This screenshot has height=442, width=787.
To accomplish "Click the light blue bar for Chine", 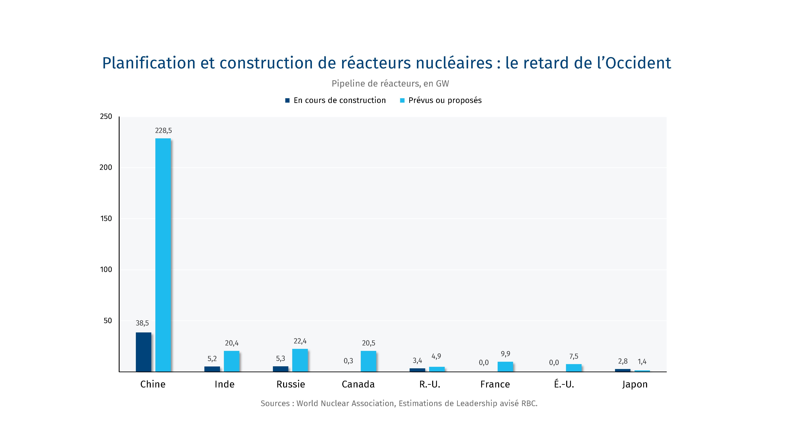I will coord(163,255).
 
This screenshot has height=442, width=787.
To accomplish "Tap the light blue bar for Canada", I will coord(368,361).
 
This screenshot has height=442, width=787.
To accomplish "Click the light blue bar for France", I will coord(505,367).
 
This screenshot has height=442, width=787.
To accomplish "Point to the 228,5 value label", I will coord(164,131).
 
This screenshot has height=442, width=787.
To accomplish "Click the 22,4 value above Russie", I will coord(300,341).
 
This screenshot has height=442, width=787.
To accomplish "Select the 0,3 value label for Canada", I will coord(348,361).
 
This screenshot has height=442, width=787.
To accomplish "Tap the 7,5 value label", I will coord(574,356).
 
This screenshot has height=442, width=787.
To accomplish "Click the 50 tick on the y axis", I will coord(108,321).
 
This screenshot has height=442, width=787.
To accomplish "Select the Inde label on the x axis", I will coord(225,384).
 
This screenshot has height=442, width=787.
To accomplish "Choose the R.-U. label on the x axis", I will coord(430,384).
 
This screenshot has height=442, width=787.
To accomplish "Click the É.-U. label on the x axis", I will coord(564,384).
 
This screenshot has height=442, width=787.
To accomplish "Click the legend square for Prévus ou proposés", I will coord(402,100).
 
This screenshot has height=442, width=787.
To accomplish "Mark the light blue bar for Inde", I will coord(232,361).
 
